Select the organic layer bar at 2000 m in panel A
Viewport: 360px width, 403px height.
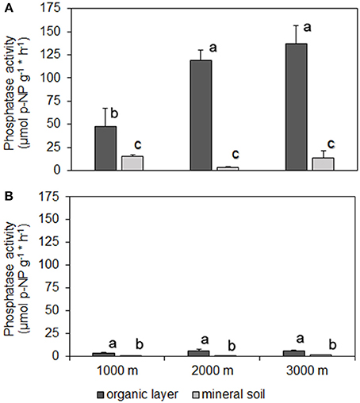click(201, 115)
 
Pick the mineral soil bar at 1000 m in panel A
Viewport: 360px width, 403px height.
click(132, 163)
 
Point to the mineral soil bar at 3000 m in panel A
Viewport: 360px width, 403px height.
click(323, 164)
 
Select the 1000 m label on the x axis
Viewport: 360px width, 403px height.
click(118, 370)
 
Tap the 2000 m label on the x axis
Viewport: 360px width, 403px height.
click(214, 370)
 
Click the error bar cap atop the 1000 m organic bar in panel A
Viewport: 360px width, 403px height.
click(105, 109)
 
